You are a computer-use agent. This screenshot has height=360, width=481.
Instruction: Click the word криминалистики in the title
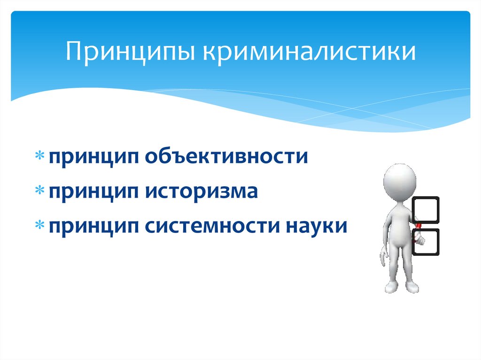tap(309, 52)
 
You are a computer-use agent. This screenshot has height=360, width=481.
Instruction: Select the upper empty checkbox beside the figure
tap(426, 210)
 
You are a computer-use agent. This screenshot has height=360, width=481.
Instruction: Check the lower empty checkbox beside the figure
tap(426, 242)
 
